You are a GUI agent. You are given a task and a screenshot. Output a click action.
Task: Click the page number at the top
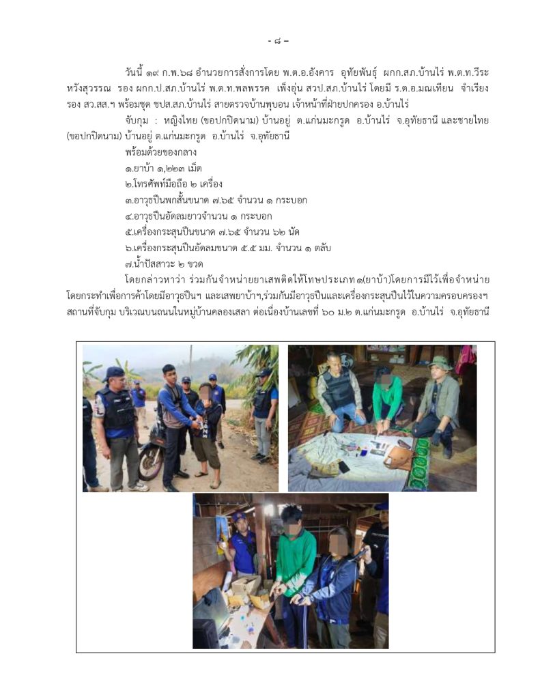click(x=279, y=41)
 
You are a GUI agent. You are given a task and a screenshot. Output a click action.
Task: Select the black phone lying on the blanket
click(x=344, y=467)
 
